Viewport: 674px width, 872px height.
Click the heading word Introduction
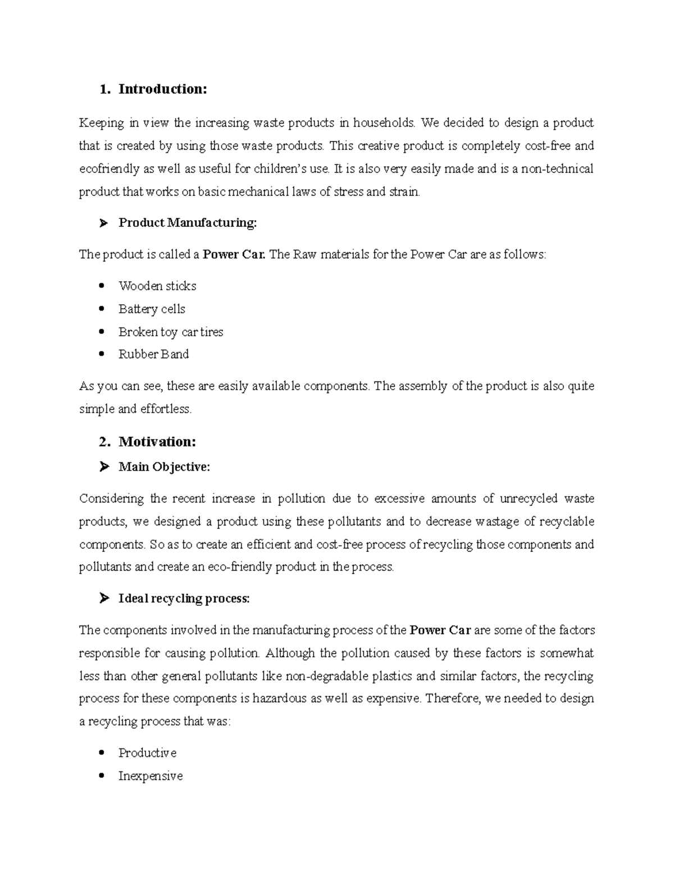pyautogui.click(x=162, y=89)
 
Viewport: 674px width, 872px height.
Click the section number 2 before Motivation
pyautogui.click(x=103, y=442)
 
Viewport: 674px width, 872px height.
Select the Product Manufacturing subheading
pyautogui.click(x=187, y=223)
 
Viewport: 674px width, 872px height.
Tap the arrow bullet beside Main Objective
pyautogui.click(x=103, y=467)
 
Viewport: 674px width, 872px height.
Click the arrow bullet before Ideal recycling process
pyautogui.click(x=103, y=599)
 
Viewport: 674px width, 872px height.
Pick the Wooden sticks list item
pyautogui.click(x=157, y=286)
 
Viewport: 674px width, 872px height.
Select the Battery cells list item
pyautogui.click(x=152, y=309)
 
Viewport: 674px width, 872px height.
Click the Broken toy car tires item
pyautogui.click(x=171, y=332)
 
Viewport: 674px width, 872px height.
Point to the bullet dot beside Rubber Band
pyautogui.click(x=102, y=354)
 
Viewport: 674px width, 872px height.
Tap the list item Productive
pyautogui.click(x=147, y=753)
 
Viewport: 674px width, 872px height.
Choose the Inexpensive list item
pyautogui.click(x=151, y=776)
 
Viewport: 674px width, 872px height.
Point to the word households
pyautogui.click(x=385, y=123)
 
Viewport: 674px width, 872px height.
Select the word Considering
pyautogui.click(x=111, y=499)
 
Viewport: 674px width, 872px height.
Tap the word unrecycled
pyautogui.click(x=529, y=499)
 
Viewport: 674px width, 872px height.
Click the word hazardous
pyautogui.click(x=280, y=699)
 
